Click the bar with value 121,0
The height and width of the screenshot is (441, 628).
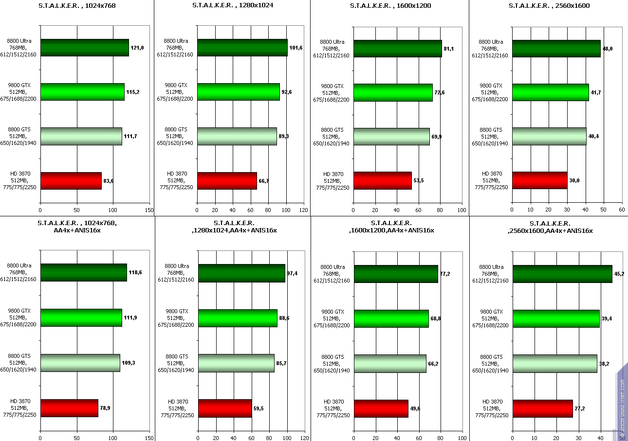(x=84, y=48)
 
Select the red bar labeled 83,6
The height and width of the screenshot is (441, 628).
(x=71, y=181)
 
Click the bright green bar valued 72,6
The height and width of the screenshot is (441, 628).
(x=393, y=92)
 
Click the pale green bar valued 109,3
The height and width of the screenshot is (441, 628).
(x=80, y=363)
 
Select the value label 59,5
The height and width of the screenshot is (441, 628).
(x=259, y=408)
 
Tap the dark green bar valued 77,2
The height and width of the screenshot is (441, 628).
(x=396, y=274)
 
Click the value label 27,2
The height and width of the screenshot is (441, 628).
(x=580, y=408)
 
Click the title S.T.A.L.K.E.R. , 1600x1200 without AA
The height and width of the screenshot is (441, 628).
(x=390, y=6)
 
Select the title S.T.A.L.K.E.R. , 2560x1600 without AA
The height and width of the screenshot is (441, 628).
(x=548, y=6)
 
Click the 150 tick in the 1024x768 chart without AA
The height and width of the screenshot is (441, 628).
(x=149, y=210)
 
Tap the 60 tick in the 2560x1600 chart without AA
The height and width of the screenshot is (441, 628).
(x=621, y=210)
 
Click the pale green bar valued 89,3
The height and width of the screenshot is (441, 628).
(x=237, y=137)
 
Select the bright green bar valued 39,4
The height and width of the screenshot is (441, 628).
(x=556, y=318)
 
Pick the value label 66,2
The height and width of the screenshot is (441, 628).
(x=433, y=364)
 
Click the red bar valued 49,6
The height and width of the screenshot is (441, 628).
(x=381, y=408)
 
